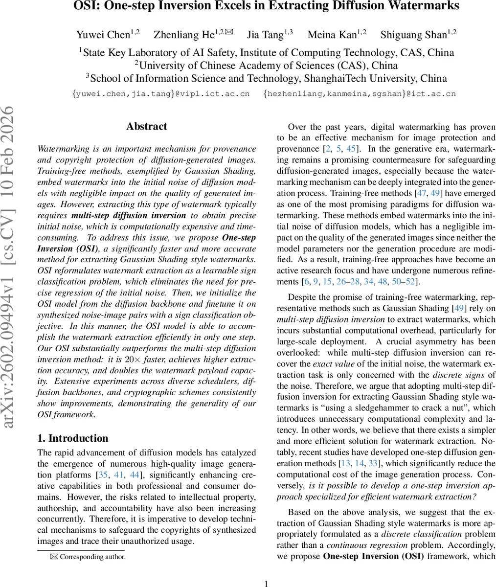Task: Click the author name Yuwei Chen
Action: tap(103, 35)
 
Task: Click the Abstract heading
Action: tap(146, 126)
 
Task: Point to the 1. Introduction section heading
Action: tap(73, 438)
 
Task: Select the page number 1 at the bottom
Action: tap(267, 584)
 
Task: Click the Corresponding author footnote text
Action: tap(92, 556)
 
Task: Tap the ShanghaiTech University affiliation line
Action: tap(267, 78)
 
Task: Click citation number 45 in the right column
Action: tap(351, 149)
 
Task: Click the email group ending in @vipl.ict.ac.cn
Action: tap(161, 93)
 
